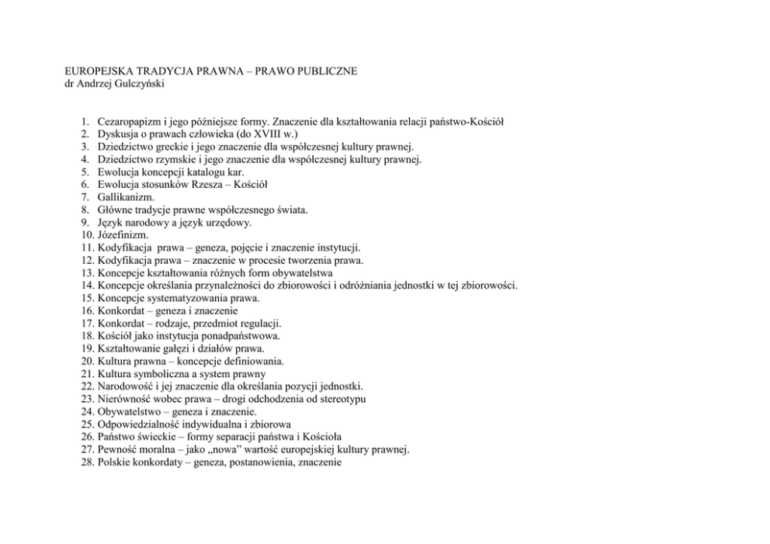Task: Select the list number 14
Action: click(x=86, y=285)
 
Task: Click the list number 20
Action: click(x=86, y=361)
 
